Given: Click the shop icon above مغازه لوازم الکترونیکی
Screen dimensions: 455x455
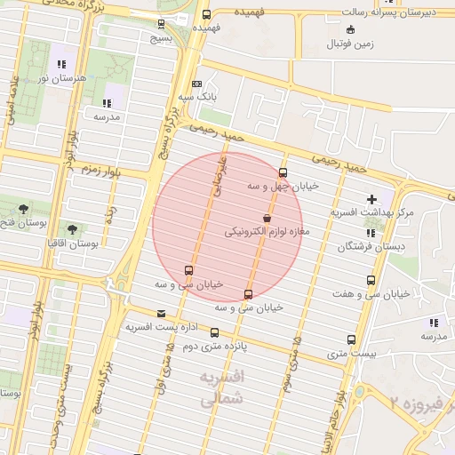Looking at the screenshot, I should [x=267, y=219].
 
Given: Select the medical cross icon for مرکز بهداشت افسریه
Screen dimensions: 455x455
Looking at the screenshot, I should [x=371, y=198].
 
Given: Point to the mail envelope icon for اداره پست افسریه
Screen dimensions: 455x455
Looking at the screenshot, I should [x=161, y=314].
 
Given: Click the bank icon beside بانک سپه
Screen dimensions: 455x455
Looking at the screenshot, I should [x=196, y=84].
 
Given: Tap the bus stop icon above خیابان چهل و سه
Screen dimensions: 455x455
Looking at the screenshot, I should [x=283, y=172].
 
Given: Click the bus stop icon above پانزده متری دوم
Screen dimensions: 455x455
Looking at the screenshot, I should [x=214, y=332].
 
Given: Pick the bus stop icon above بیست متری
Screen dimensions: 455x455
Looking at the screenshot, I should [x=352, y=339].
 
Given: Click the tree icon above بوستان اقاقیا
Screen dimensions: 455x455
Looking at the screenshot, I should [x=72, y=228].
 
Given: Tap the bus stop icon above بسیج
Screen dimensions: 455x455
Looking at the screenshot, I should [x=161, y=24].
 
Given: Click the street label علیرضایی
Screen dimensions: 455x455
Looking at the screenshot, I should [x=213, y=173].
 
